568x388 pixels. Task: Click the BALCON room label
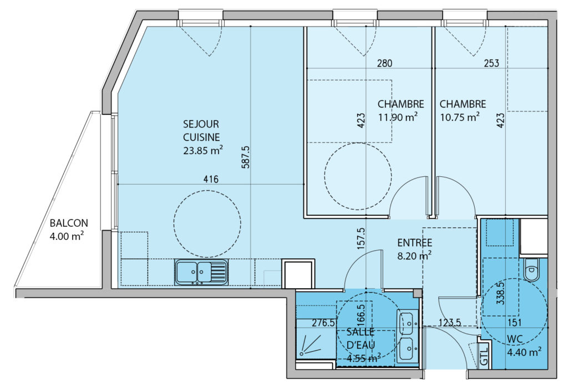[x=69, y=223]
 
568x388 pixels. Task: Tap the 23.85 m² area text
[x=202, y=150]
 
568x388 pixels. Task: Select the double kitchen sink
[x=201, y=272]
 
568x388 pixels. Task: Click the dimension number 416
[x=211, y=179]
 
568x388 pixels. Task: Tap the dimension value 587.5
[x=246, y=157]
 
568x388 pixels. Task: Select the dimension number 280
[x=384, y=63]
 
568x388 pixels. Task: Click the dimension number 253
[x=491, y=63]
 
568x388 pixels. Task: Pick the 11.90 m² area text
[x=398, y=118]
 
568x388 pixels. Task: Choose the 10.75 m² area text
[x=460, y=118]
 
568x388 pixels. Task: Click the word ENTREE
[x=415, y=243]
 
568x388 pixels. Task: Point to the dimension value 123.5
[x=449, y=322]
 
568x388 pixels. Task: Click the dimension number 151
[x=514, y=322]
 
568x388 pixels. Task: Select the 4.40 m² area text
[x=524, y=352]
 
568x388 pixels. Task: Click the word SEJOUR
[x=201, y=124]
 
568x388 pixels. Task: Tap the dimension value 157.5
[x=361, y=239]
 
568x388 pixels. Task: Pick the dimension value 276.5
[x=323, y=323]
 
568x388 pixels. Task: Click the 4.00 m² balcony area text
[x=67, y=236]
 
